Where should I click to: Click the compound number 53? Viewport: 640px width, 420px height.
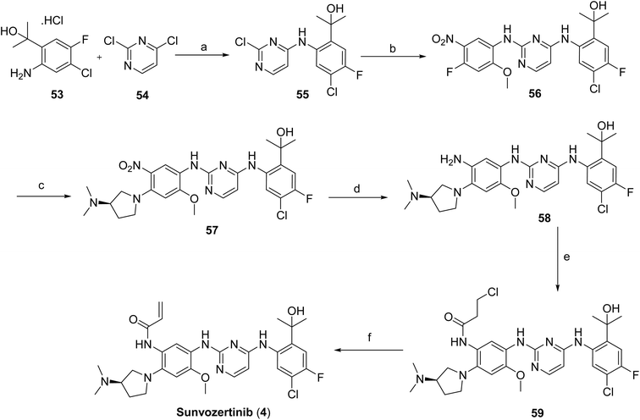point(58,97)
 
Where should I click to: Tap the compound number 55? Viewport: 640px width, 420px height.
point(302,95)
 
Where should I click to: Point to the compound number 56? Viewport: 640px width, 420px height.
point(534,94)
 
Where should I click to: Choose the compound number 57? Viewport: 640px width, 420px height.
point(212,230)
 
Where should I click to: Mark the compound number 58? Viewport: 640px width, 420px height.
point(543,218)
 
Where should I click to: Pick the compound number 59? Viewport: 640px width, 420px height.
point(538,413)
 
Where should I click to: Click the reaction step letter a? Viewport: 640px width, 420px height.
point(204,47)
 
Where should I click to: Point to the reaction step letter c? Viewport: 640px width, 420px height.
point(42,187)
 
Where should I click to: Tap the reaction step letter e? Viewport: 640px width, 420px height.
point(566,257)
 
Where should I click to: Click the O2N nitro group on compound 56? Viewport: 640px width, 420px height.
point(444,40)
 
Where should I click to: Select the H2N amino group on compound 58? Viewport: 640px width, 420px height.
point(451,160)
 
